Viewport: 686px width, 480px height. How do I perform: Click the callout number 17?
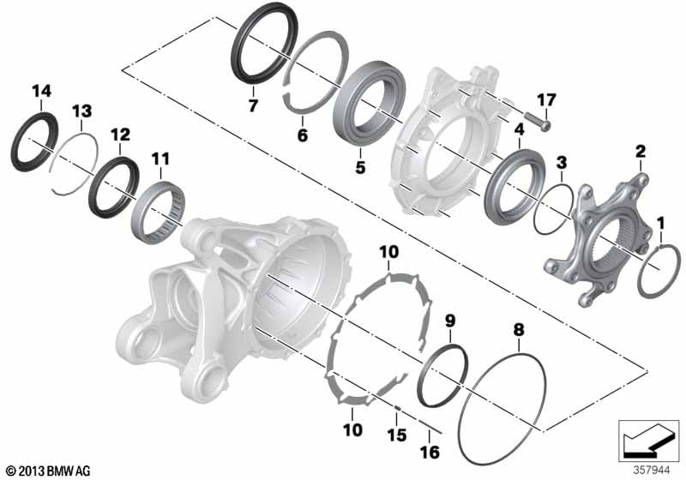tap(546, 100)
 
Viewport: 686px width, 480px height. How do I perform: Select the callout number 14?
tap(41, 91)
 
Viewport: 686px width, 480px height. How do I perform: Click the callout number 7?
tap(252, 105)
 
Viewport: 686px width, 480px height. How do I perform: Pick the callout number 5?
tap(360, 167)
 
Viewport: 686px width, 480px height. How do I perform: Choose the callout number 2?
tap(640, 151)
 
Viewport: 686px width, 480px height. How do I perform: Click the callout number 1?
tap(660, 224)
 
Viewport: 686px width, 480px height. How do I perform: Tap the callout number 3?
tap(562, 163)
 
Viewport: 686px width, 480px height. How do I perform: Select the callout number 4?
tap(520, 129)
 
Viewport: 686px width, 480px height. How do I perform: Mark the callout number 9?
tap(450, 321)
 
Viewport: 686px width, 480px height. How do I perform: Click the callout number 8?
tap(519, 329)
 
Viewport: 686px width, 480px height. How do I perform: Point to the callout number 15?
tap(397, 435)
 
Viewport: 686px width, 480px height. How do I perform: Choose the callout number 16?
tap(430, 453)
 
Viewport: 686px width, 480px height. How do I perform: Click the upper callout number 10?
tap(389, 252)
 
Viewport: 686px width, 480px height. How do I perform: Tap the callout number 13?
tap(81, 111)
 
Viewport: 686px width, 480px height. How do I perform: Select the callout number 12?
tap(120, 135)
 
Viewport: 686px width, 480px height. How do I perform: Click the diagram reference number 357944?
tap(652, 471)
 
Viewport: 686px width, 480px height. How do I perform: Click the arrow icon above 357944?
tap(649, 442)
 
